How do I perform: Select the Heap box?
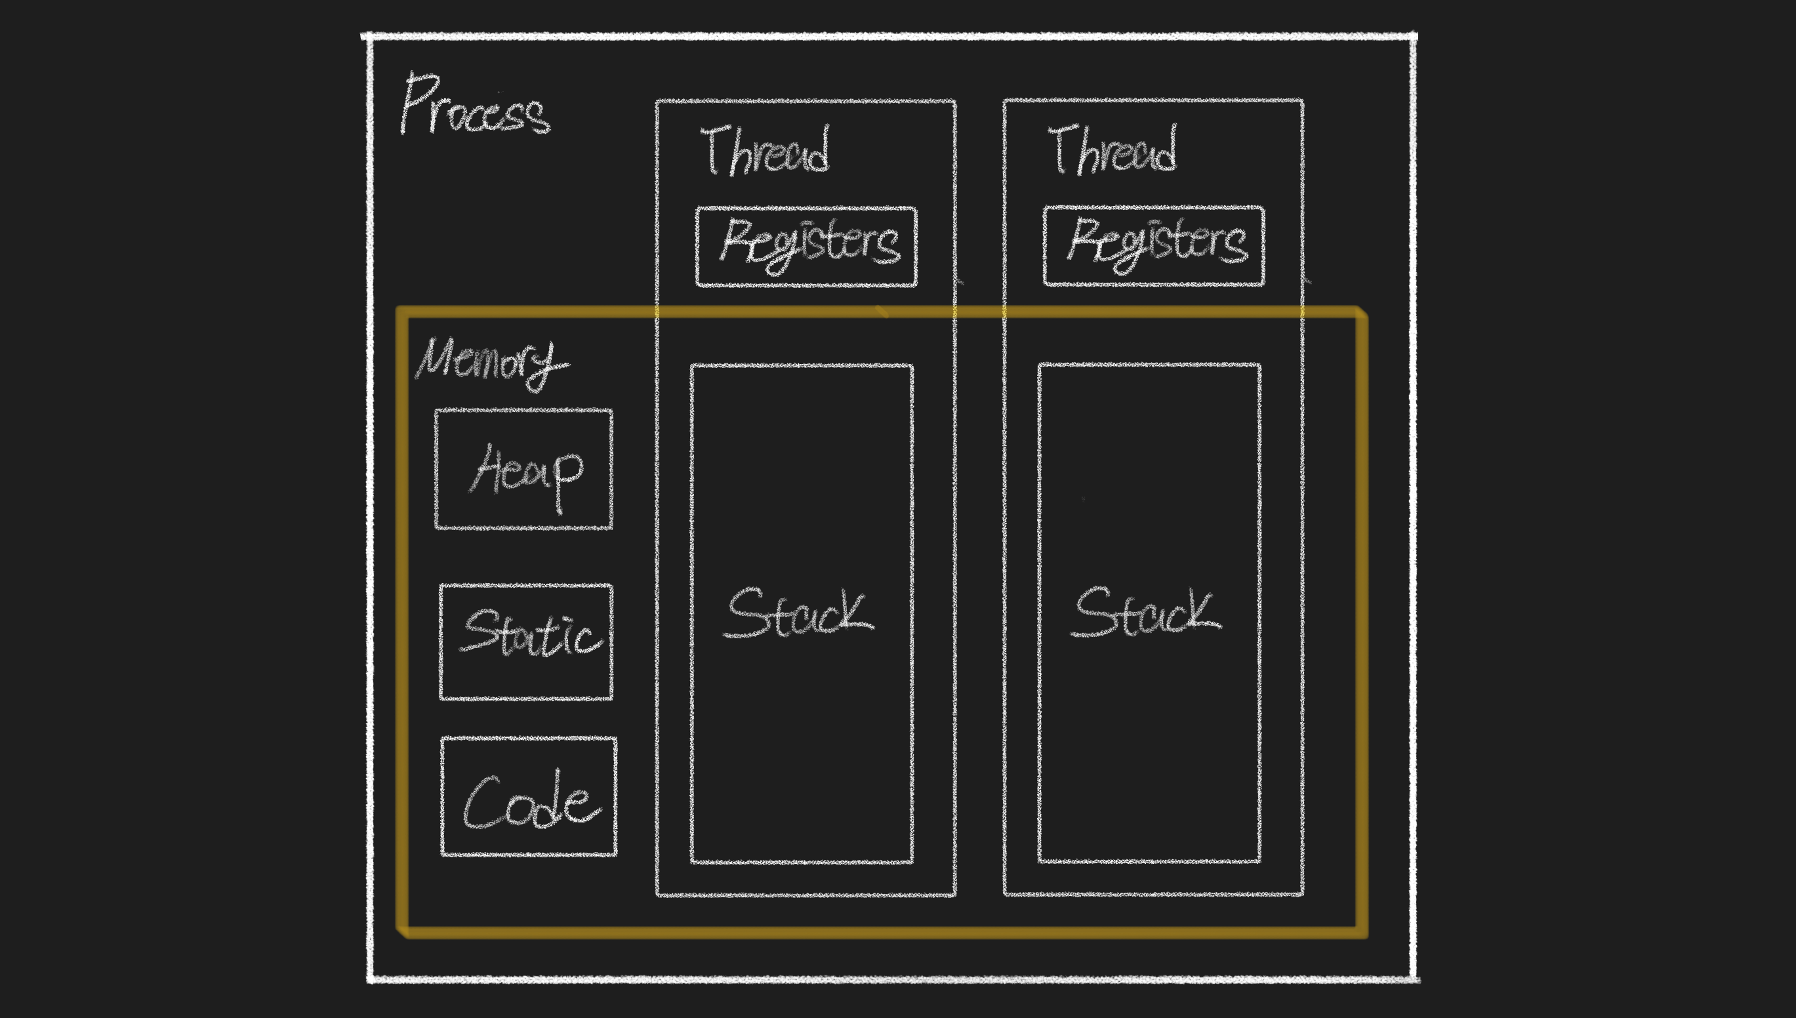[x=523, y=469]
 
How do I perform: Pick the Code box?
[x=529, y=796]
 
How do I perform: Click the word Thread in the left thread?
[x=765, y=150]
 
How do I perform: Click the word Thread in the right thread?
[x=1113, y=150]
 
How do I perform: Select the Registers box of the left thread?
[x=806, y=246]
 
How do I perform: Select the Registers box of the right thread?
[x=1154, y=245]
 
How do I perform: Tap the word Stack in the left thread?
[x=798, y=613]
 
